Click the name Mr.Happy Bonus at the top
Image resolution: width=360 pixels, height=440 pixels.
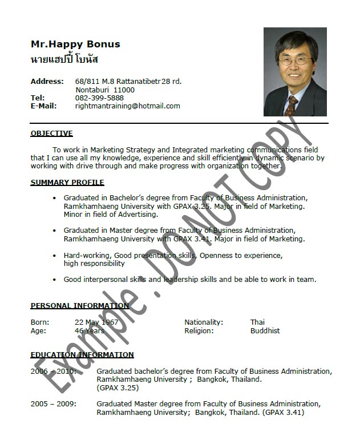pos(75,44)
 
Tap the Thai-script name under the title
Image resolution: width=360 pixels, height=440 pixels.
pos(64,59)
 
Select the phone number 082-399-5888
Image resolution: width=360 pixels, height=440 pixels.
pos(99,98)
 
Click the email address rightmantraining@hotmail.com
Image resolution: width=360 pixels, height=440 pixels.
pos(127,106)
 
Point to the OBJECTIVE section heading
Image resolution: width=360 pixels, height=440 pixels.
pos(51,134)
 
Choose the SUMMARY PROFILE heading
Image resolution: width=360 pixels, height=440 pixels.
pos(67,183)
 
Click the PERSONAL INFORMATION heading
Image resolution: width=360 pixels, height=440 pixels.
pos(79,306)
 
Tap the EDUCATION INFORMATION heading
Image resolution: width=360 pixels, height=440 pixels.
pos(82,355)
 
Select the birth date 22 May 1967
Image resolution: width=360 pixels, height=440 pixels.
pos(96,322)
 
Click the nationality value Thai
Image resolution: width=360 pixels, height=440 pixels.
pos(257,322)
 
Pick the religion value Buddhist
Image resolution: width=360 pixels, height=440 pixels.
pos(265,330)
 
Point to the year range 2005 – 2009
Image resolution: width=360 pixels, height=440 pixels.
pos(53,404)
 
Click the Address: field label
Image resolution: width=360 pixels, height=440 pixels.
pos(47,81)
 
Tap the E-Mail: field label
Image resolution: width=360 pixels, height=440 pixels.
pos(43,106)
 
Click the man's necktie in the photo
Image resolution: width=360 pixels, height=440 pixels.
pos(292,106)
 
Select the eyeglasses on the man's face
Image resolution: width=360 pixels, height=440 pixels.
pos(294,59)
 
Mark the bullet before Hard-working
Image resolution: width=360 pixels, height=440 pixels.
pos(55,256)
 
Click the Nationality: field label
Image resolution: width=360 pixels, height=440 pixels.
pos(204,322)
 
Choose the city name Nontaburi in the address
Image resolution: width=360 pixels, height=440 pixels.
pos(92,90)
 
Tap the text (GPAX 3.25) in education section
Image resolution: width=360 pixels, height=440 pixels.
pos(118,387)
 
